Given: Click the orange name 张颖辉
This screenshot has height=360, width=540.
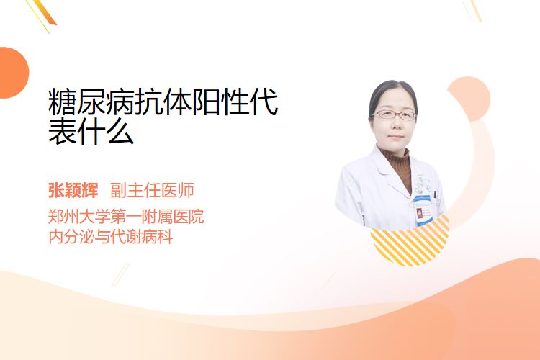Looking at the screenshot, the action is [x=73, y=190].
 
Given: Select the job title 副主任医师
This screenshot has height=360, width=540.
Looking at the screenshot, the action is [x=152, y=190].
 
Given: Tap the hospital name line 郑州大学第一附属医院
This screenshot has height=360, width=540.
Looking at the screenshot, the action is [x=126, y=217].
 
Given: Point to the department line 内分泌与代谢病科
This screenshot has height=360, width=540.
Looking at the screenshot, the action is [x=111, y=237].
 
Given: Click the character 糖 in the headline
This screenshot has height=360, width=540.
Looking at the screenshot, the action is [x=62, y=102].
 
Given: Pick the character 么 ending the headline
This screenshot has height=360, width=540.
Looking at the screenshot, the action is [x=120, y=131].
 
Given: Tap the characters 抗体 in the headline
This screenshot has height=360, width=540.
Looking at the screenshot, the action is [x=163, y=102].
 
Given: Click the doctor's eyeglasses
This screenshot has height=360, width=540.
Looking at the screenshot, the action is [x=395, y=114].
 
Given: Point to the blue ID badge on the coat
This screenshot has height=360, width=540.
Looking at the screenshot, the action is [x=423, y=210].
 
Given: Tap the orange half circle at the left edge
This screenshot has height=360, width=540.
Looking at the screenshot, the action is [x=14, y=73].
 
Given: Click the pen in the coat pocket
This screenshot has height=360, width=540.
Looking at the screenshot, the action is [x=435, y=195].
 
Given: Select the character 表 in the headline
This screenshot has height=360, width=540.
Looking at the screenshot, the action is [x=63, y=131].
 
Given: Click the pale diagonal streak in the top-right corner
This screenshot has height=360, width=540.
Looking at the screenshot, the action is [x=473, y=9].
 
